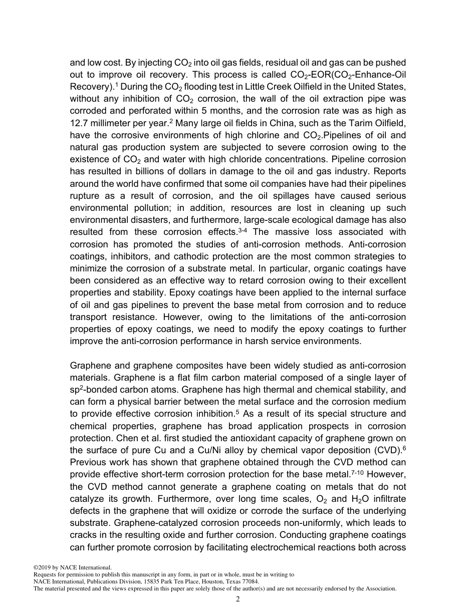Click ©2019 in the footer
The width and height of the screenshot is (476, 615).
pyautogui.click(x=43, y=567)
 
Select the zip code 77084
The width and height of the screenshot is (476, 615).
pyautogui.click(x=249, y=582)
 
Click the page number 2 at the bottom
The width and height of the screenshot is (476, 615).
pyautogui.click(x=238, y=599)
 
